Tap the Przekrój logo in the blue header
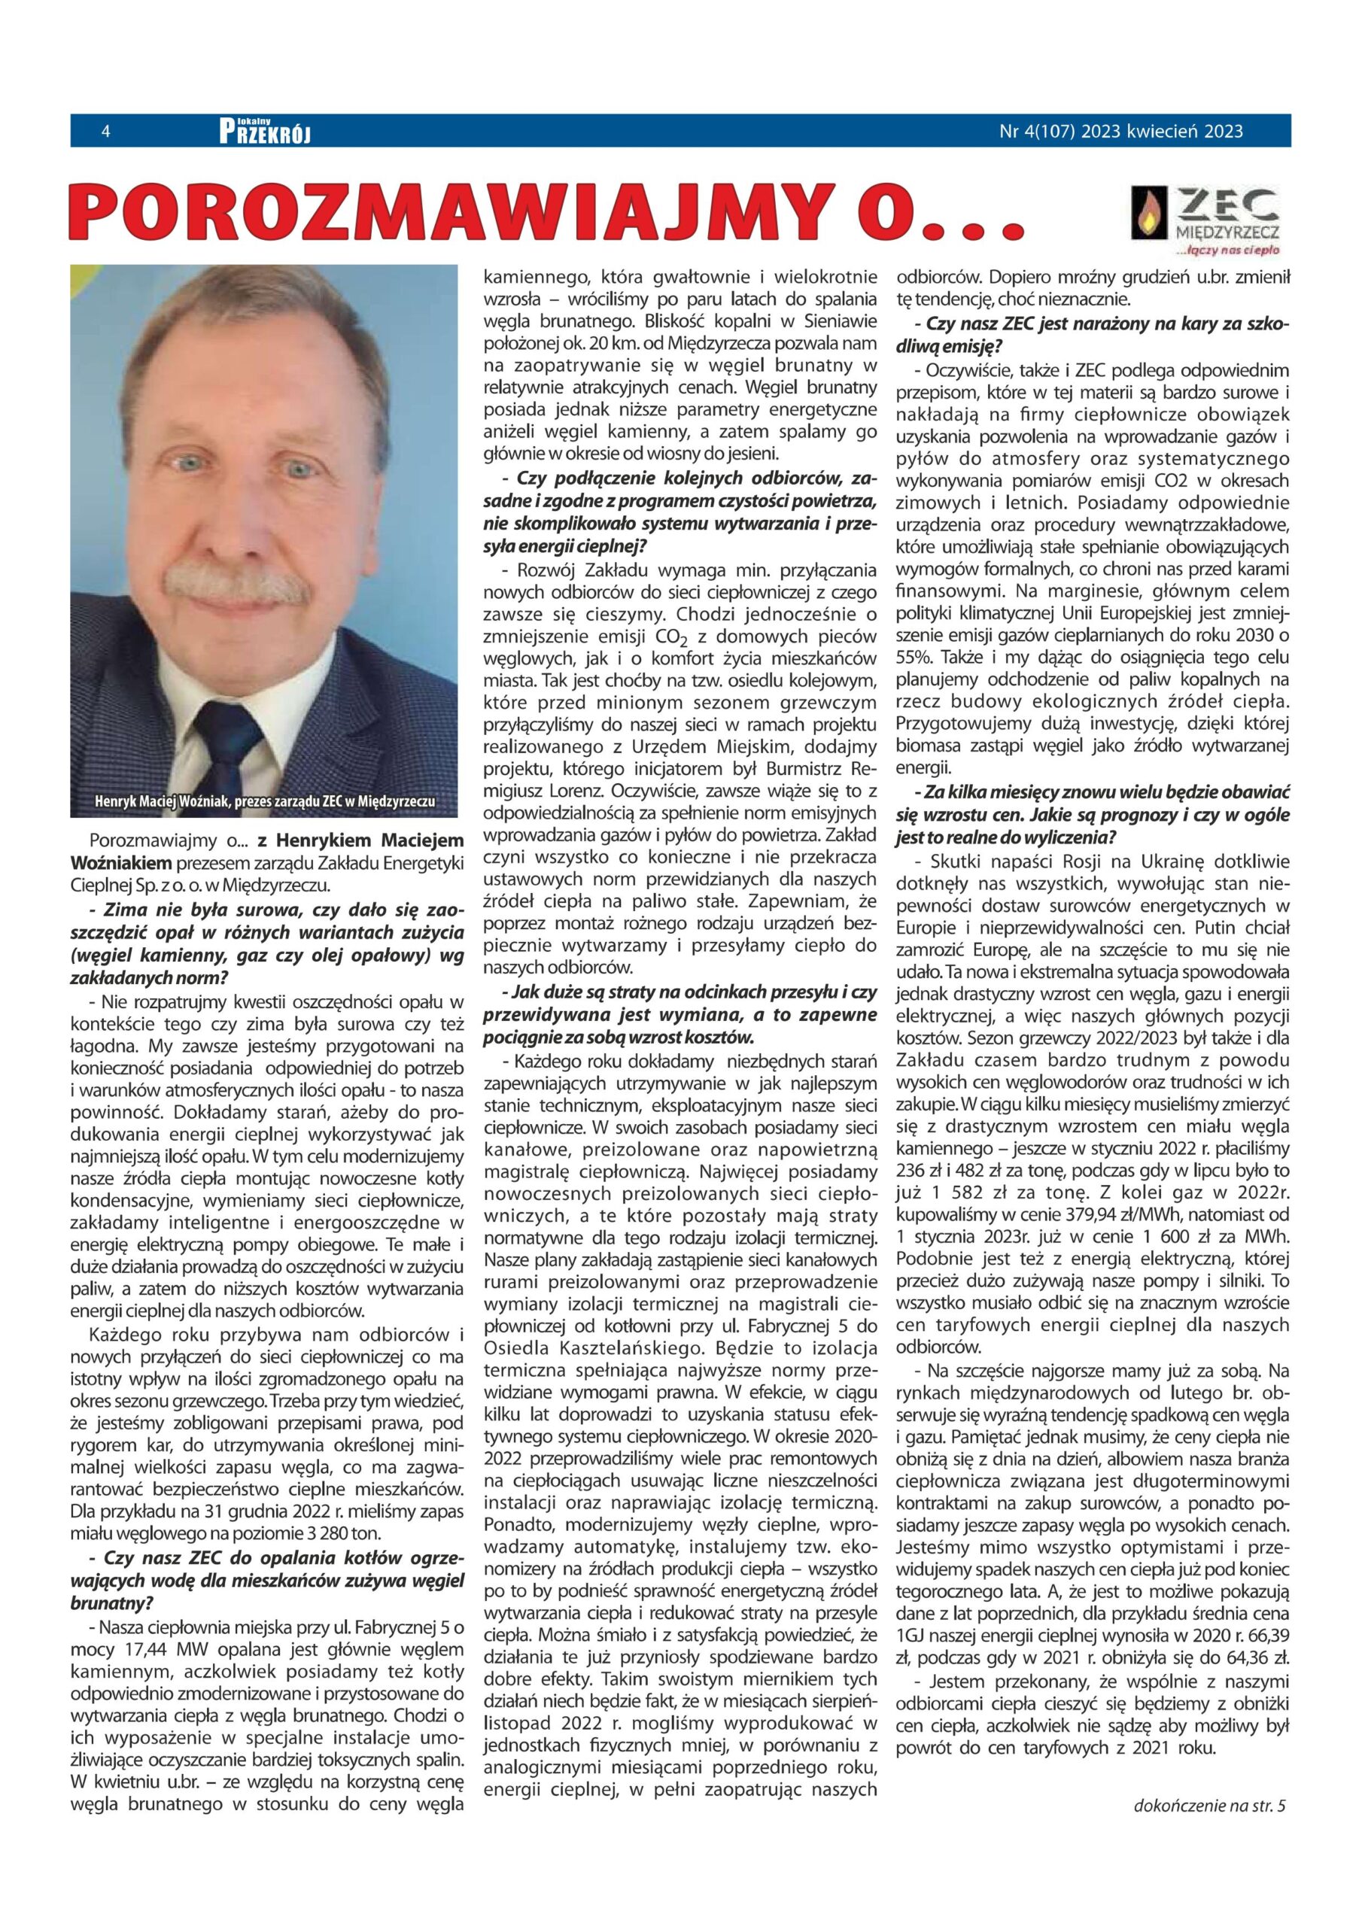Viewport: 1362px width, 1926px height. pyautogui.click(x=264, y=132)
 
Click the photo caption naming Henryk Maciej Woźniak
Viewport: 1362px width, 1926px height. pyautogui.click(x=265, y=800)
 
